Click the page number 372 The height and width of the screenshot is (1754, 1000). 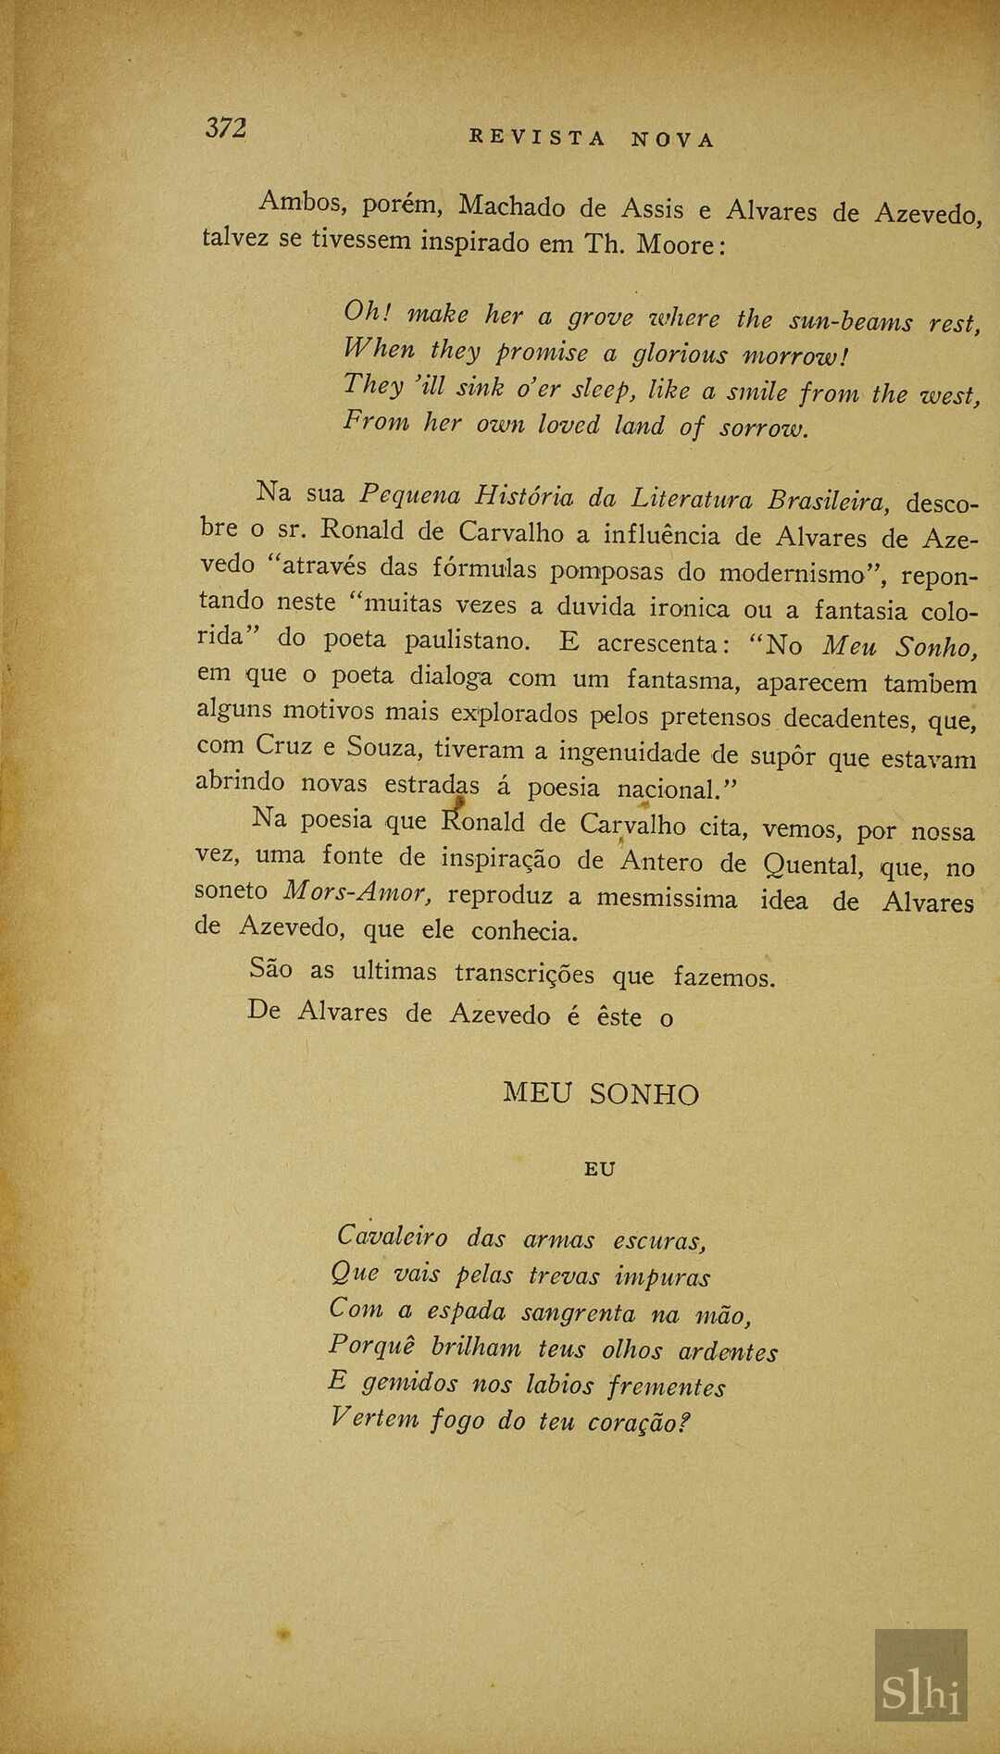pyautogui.click(x=226, y=128)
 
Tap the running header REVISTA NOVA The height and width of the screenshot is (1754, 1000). pyautogui.click(x=593, y=139)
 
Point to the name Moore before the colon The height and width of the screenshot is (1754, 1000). pyautogui.click(x=671, y=245)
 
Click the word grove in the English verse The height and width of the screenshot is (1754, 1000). pyautogui.click(x=601, y=318)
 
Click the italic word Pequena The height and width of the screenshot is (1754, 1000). pyautogui.click(x=408, y=495)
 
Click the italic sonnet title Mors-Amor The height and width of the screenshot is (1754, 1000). pyautogui.click(x=356, y=892)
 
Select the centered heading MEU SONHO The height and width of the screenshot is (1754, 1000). pyautogui.click(x=600, y=1094)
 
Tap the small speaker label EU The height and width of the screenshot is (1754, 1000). pyautogui.click(x=600, y=1169)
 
